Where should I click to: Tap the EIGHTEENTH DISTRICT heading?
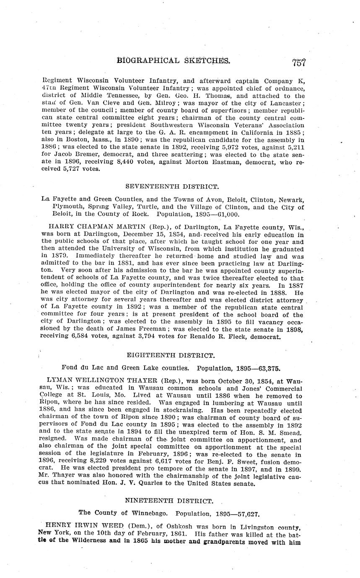point(171,356)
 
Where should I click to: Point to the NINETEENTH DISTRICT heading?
point(169,501)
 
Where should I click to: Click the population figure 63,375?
point(266,368)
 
